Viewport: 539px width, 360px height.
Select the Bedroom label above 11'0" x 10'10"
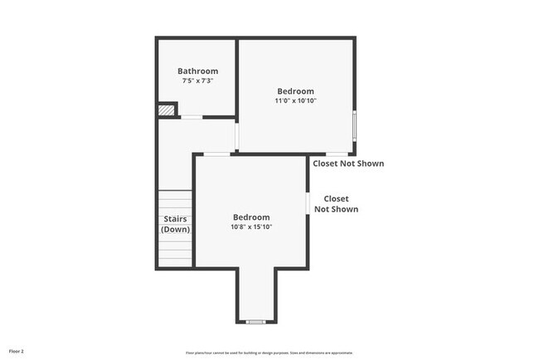[295, 90]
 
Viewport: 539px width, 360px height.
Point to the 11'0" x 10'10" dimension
[295, 100]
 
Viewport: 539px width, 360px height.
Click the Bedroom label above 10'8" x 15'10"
[251, 217]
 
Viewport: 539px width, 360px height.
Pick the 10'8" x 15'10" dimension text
[251, 226]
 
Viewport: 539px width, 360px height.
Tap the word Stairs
[175, 219]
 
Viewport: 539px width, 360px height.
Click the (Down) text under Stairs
[175, 229]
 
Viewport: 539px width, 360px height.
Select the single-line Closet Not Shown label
[348, 163]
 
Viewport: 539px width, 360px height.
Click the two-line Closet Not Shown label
[336, 204]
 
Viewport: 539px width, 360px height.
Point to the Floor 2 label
[17, 351]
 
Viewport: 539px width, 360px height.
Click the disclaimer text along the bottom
[269, 353]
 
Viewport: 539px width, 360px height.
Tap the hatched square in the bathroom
[168, 109]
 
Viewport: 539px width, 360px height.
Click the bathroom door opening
[192, 117]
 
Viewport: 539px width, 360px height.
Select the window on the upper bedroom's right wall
[356, 126]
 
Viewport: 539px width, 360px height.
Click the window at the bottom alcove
[255, 321]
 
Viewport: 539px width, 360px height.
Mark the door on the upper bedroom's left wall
[238, 136]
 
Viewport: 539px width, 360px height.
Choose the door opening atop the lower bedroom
[217, 153]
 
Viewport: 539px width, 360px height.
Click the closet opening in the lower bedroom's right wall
[308, 203]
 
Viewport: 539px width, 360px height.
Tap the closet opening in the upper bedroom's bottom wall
[336, 153]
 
